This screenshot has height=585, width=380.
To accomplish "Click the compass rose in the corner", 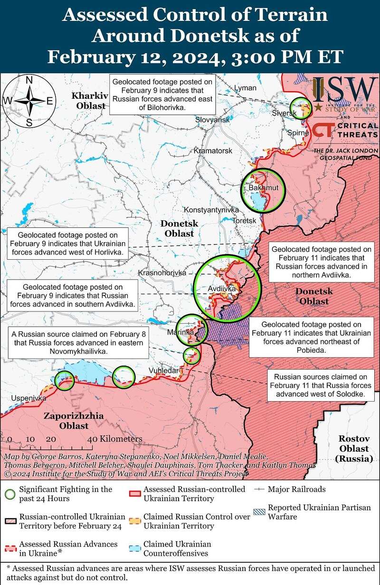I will [x=29, y=101].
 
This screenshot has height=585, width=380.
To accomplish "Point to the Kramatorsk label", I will [x=213, y=151].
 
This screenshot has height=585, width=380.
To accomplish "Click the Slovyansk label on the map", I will [x=212, y=120].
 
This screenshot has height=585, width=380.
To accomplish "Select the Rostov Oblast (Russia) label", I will [x=353, y=448].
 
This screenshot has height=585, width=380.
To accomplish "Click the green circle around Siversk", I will [x=300, y=106].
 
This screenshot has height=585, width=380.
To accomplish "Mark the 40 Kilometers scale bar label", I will [x=115, y=439].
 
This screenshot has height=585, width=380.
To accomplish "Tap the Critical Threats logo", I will [x=346, y=131].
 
